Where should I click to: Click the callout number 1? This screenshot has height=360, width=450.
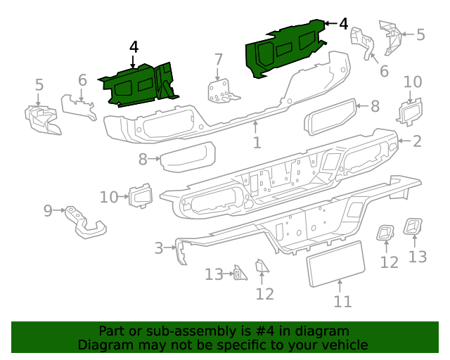click(x=257, y=143)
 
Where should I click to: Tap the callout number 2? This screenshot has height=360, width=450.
click(x=417, y=141)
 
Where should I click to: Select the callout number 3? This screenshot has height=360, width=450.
click(x=159, y=248)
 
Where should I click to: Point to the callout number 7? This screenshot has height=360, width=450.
click(x=219, y=60)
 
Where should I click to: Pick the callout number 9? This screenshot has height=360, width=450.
click(x=48, y=211)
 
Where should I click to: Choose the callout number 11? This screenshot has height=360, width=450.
click(x=342, y=302)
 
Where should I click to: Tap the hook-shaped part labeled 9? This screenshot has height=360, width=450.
click(x=85, y=222)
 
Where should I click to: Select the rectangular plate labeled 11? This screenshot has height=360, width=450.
click(x=336, y=264)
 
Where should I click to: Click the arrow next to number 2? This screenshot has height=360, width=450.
click(x=405, y=141)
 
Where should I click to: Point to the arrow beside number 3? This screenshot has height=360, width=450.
click(x=170, y=247)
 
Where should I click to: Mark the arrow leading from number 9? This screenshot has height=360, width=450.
click(x=59, y=210)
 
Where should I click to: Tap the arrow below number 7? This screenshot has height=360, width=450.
click(x=217, y=74)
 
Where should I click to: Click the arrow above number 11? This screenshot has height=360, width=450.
click(x=340, y=286)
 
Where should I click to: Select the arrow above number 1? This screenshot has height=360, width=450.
click(x=255, y=127)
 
